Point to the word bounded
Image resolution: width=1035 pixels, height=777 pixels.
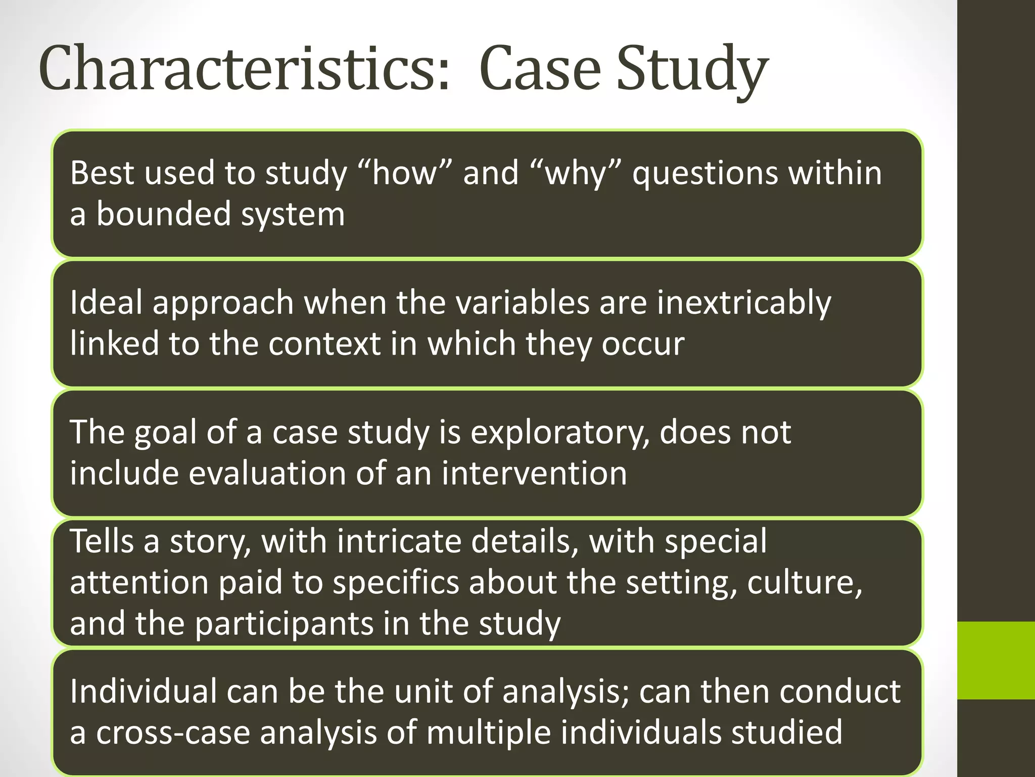[163, 213]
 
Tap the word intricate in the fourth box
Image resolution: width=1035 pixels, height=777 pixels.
[399, 541]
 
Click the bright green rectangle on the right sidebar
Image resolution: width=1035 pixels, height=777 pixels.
[996, 661]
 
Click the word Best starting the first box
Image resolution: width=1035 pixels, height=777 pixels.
[102, 173]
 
